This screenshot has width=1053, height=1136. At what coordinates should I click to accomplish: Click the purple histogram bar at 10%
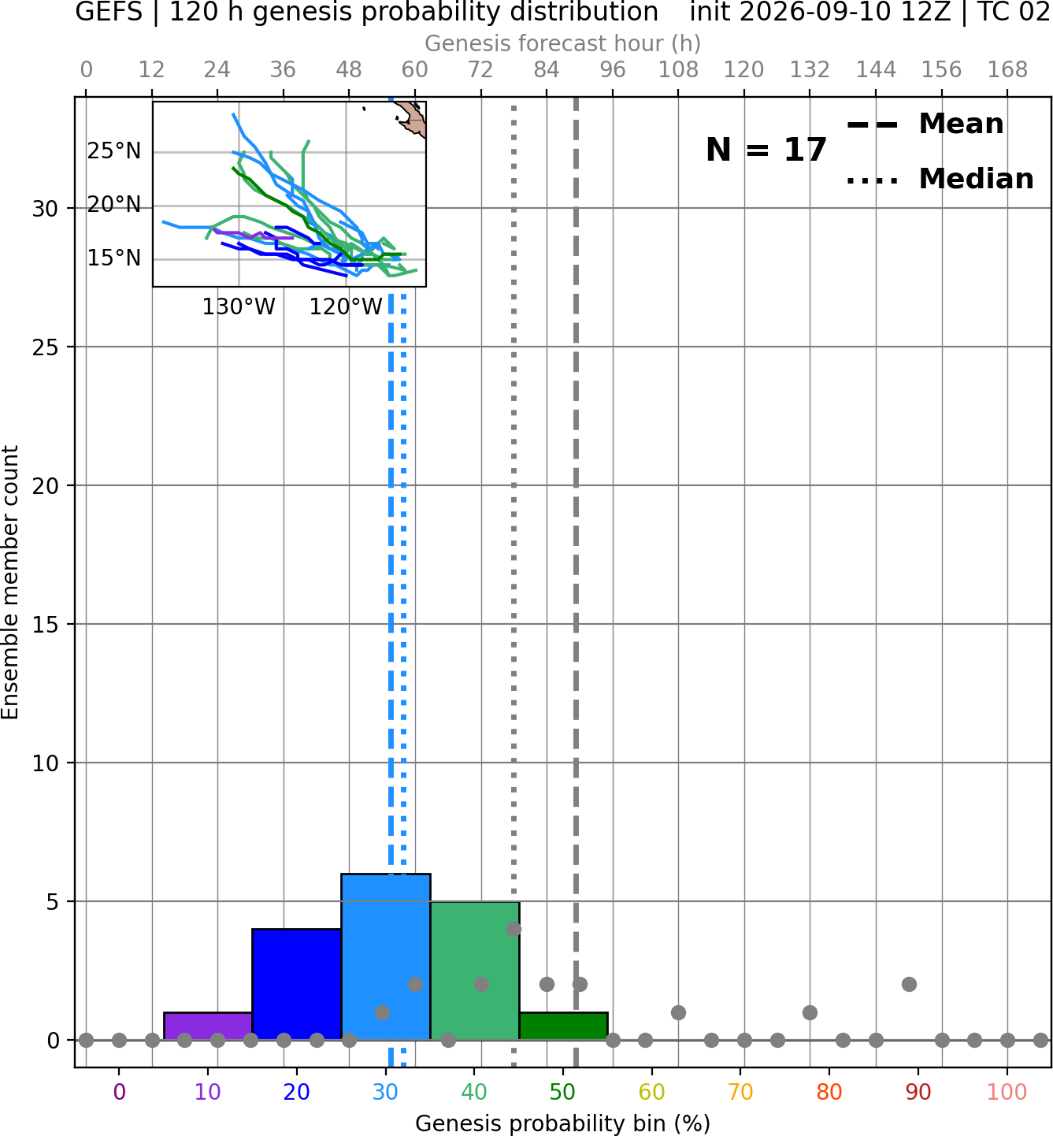point(208,1026)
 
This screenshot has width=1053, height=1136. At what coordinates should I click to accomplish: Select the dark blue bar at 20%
point(297,985)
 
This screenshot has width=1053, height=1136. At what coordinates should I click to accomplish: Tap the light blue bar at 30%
point(385,957)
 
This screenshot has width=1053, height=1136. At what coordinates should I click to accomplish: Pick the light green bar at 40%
point(475,971)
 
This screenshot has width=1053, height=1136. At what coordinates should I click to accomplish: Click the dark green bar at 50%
point(563,1026)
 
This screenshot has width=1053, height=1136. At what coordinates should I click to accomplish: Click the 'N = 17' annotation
point(766,150)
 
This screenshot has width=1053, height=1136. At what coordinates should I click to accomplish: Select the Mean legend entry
point(925,124)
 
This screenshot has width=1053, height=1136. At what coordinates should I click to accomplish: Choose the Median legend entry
point(940,179)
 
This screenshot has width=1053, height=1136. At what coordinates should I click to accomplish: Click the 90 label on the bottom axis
point(918,1092)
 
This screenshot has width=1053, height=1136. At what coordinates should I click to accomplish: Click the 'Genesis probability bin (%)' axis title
point(563,1123)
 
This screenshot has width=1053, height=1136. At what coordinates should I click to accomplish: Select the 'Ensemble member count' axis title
point(10,582)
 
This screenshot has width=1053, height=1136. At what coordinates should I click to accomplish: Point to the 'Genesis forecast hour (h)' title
point(563,43)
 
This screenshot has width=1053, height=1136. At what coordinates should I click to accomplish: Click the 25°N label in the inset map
point(114,151)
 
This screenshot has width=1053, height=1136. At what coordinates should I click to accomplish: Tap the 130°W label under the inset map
point(239,307)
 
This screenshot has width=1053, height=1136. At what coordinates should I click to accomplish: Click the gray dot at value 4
point(514,929)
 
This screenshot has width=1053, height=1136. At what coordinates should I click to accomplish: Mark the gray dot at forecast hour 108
point(678,1012)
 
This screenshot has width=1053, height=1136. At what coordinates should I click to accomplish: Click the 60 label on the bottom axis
point(651,1092)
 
